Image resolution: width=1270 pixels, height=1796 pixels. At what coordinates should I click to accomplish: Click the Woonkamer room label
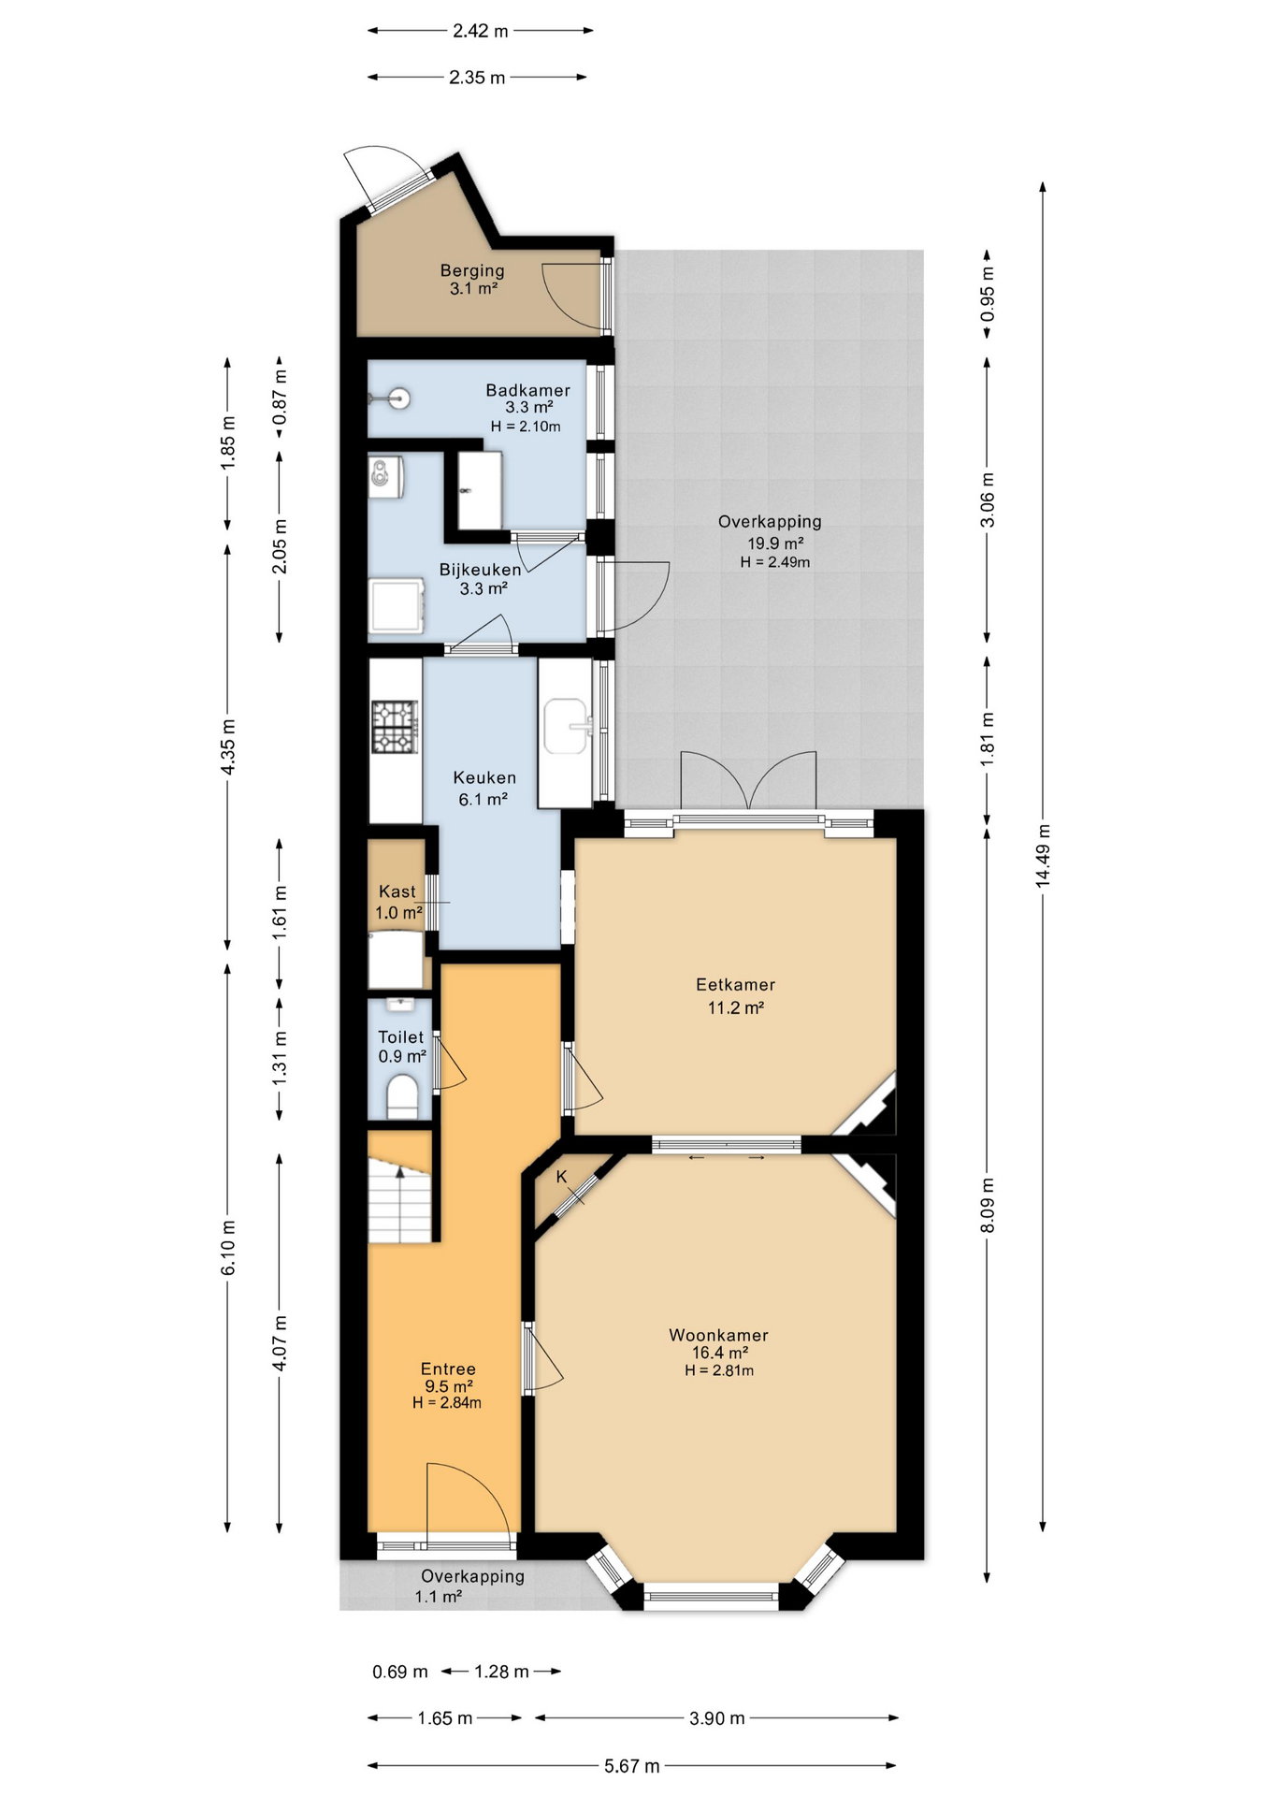coord(718,1335)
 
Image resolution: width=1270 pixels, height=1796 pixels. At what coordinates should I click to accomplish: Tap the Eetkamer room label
coord(735,984)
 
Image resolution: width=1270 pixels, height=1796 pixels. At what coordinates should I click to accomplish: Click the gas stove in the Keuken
coord(395,728)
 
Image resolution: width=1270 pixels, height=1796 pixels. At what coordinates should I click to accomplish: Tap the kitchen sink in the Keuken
coord(567,726)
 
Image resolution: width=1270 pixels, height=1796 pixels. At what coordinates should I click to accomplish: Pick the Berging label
coord(472,270)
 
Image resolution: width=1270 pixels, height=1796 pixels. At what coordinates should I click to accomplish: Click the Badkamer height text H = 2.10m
coord(526,427)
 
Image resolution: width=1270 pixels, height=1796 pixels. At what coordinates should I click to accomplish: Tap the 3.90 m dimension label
coord(717,1717)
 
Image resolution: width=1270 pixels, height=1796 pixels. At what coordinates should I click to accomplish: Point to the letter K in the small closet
coord(562,1177)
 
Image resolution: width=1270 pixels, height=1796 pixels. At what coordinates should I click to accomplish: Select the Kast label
coord(397,891)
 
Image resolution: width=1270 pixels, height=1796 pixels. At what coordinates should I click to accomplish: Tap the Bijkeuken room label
coord(481,570)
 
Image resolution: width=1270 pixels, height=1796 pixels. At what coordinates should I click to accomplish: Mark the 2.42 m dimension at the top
coord(481,31)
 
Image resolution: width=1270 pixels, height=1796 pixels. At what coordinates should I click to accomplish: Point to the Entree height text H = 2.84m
coord(447,1402)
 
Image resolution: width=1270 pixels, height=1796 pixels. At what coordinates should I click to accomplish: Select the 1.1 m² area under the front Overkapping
coord(439,1597)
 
